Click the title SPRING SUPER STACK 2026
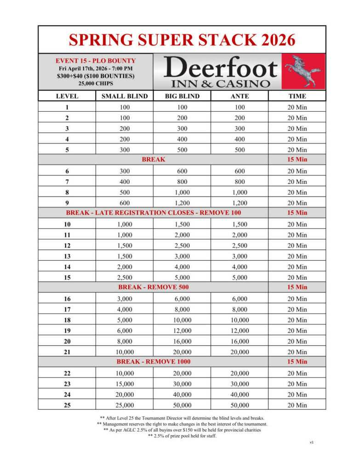click(182, 40)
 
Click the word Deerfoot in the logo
click(220, 68)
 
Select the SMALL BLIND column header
click(125, 96)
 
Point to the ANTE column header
click(239, 96)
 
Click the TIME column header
click(297, 96)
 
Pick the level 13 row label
click(67, 256)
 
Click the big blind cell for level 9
click(182, 203)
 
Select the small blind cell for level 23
click(125, 384)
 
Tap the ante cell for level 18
click(239, 320)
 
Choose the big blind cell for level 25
click(182, 405)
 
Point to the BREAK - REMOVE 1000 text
click(154, 362)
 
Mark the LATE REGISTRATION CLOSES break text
click(154, 213)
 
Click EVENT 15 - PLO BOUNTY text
click(96, 61)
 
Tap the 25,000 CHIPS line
click(96, 84)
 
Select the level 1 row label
click(67, 107)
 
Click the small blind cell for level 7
click(125, 182)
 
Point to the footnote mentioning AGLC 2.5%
click(182, 430)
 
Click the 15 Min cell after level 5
click(297, 160)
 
